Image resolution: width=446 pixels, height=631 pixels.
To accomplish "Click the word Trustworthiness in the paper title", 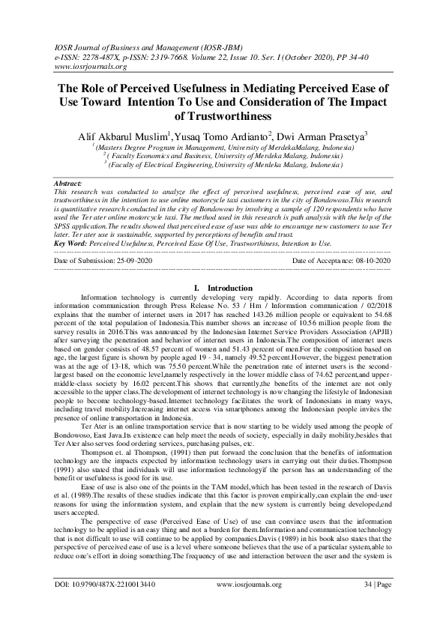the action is pos(222,118).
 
